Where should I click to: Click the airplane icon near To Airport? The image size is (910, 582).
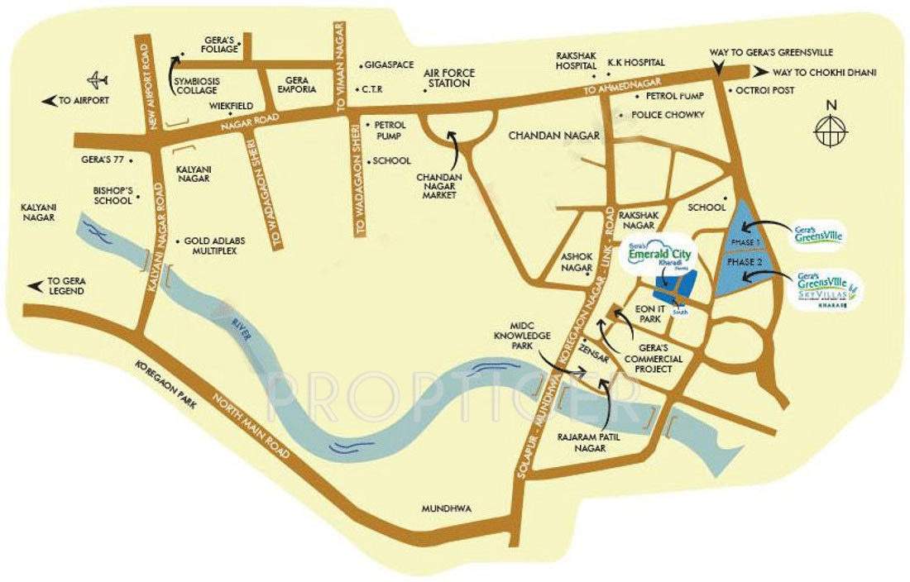tap(98, 81)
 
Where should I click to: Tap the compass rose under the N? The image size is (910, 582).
tap(831, 130)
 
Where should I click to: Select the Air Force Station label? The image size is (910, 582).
tap(449, 79)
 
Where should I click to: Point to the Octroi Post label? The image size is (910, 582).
tap(759, 90)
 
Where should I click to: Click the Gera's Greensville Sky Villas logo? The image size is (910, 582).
tap(830, 291)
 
